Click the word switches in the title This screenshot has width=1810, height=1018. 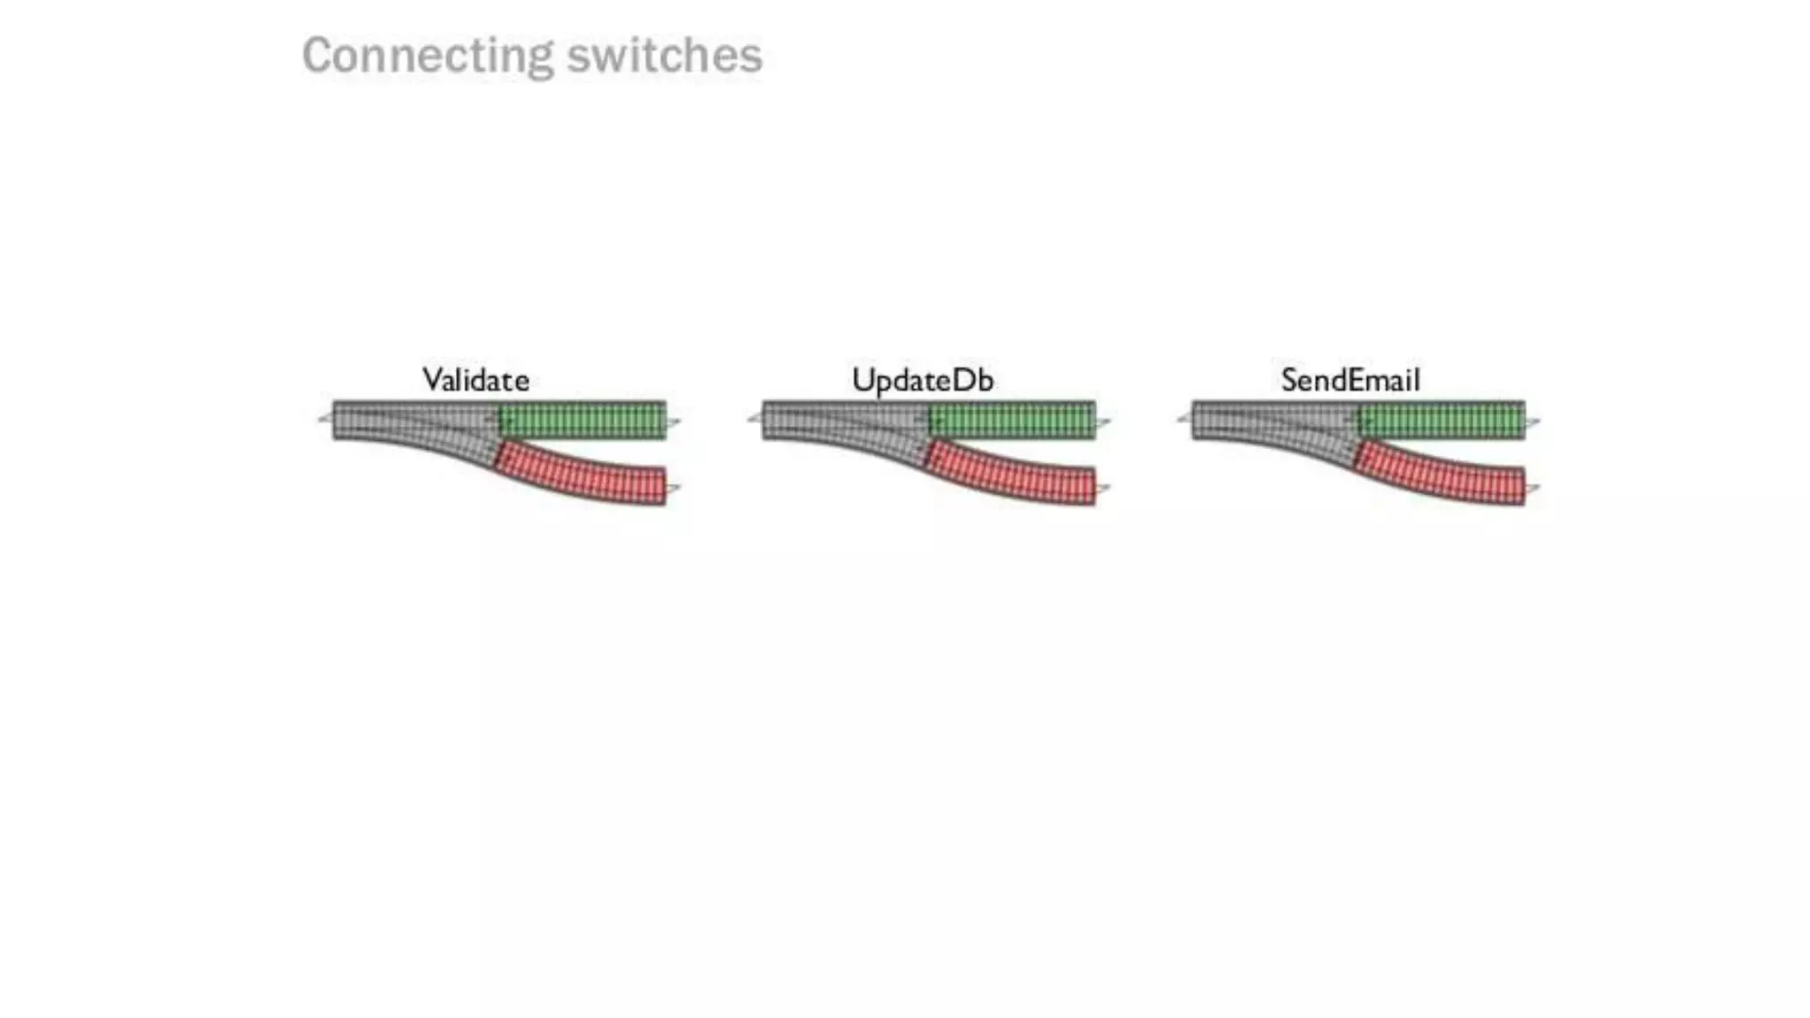(664, 56)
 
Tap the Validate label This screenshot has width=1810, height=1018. (475, 380)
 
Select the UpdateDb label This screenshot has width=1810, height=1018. (923, 380)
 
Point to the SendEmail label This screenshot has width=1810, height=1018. (1350, 380)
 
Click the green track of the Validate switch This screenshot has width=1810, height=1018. (583, 420)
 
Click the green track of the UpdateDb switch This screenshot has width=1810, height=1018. (1013, 420)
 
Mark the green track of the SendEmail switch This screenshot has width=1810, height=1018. (1442, 420)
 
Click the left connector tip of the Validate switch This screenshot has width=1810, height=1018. (324, 418)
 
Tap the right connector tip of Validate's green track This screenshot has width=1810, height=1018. (674, 422)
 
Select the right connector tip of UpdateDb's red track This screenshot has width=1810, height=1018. (1104, 488)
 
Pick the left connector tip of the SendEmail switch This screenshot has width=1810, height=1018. (1183, 418)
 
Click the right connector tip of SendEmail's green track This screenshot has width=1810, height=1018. (1533, 422)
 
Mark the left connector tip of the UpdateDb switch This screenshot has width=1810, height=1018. (754, 418)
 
